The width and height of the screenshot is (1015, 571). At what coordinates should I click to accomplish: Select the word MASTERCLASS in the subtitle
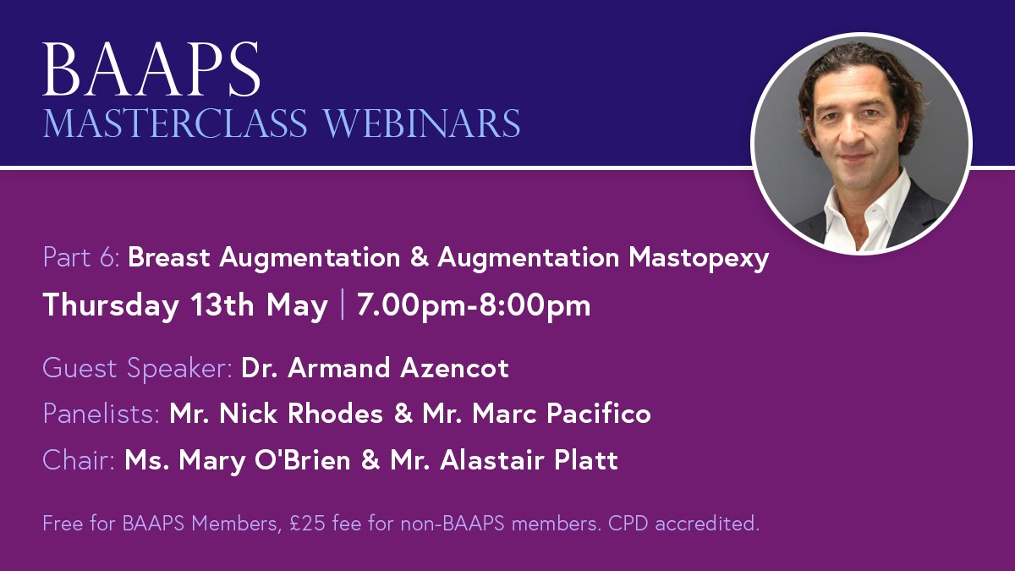pyautogui.click(x=175, y=124)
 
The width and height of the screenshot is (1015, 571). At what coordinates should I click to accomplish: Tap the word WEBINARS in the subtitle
pyautogui.click(x=422, y=124)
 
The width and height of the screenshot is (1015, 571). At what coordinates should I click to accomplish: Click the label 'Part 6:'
pyautogui.click(x=81, y=257)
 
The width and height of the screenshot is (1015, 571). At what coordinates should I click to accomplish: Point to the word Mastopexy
pyautogui.click(x=699, y=258)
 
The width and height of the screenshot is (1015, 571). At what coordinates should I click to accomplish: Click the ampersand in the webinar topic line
pyautogui.click(x=420, y=257)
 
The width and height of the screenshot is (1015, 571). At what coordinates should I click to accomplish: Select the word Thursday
pyautogui.click(x=111, y=305)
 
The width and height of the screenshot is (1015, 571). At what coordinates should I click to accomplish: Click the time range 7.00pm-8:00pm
pyautogui.click(x=474, y=305)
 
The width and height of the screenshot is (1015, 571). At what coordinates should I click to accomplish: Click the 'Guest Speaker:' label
pyautogui.click(x=138, y=368)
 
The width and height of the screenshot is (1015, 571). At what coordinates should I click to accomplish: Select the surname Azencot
pyautogui.click(x=454, y=367)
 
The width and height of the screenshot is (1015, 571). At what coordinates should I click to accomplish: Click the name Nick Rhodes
pyautogui.click(x=301, y=414)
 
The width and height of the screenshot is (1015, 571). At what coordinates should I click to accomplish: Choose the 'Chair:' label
pyautogui.click(x=79, y=460)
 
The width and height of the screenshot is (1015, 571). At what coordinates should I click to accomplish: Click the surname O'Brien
pyautogui.click(x=303, y=460)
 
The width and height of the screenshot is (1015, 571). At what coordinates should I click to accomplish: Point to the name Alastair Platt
pyautogui.click(x=529, y=460)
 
